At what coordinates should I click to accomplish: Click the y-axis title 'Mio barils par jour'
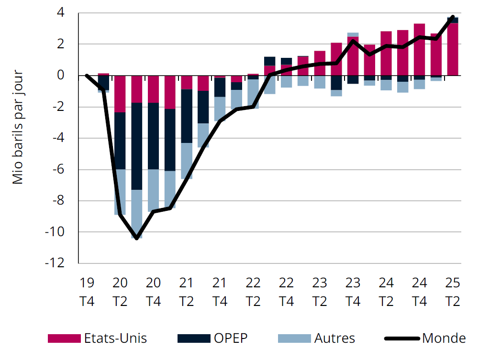(x=18, y=128)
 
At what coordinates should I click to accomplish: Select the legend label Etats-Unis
(x=115, y=338)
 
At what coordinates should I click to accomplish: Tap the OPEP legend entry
(x=231, y=338)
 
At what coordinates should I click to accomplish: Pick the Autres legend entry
(x=334, y=338)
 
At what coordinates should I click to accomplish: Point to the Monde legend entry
(x=444, y=338)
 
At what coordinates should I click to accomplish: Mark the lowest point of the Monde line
(x=137, y=238)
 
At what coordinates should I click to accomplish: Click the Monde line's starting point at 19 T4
(x=87, y=76)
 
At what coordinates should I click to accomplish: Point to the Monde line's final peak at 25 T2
(x=453, y=17)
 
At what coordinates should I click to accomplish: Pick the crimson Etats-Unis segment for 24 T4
(x=419, y=50)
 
